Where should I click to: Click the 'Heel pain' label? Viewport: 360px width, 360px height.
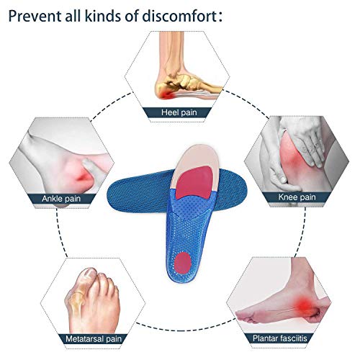tap(179, 112)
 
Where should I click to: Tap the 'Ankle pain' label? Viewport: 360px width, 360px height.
tap(61, 199)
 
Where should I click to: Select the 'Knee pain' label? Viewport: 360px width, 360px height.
tap(297, 197)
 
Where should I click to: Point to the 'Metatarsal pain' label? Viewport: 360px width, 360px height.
tap(94, 339)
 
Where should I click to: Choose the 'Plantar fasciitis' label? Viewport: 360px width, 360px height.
tap(280, 338)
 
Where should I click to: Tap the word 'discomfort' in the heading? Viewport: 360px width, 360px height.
tap(180, 16)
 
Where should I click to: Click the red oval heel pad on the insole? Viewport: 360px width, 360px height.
tap(183, 262)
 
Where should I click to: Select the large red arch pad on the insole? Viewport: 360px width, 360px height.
tap(195, 181)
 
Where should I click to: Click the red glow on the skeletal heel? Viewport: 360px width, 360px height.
tap(166, 94)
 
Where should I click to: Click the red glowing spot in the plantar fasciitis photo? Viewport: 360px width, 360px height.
tap(303, 304)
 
